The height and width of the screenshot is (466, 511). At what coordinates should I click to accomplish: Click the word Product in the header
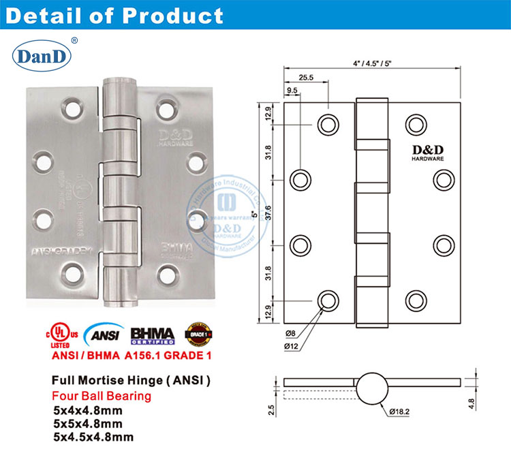click(x=173, y=15)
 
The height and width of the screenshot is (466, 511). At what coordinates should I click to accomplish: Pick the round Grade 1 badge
click(x=197, y=334)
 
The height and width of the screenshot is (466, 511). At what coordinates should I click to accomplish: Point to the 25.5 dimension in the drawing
click(x=307, y=78)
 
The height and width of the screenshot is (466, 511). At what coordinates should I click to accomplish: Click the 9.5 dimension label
click(x=292, y=91)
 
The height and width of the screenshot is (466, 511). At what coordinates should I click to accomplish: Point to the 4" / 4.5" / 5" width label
click(x=373, y=63)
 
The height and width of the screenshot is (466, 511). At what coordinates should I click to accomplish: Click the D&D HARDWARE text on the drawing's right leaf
click(x=427, y=153)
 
